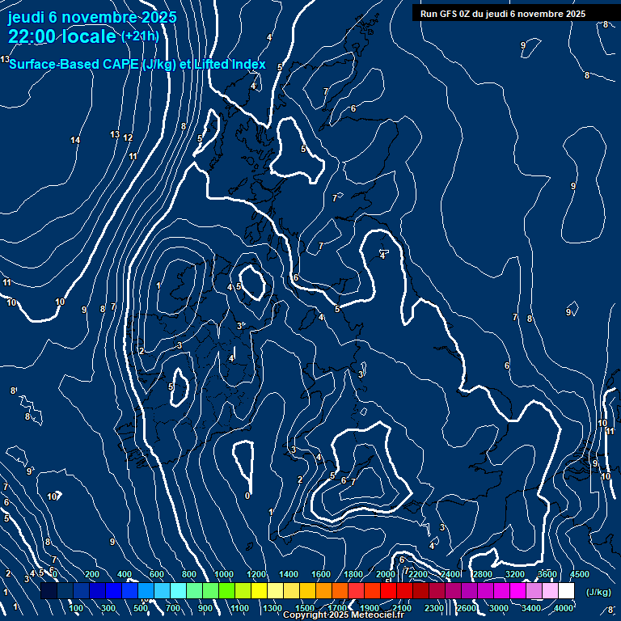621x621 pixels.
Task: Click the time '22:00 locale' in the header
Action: pos(62,36)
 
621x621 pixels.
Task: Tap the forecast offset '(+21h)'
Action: pos(140,36)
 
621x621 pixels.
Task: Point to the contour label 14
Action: pos(75,141)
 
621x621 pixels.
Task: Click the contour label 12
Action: pos(128,138)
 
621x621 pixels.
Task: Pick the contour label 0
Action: pos(247,496)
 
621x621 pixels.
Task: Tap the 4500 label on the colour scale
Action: pos(580,574)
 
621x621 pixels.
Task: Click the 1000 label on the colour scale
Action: pos(224,574)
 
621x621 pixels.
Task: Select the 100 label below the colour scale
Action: pos(76,608)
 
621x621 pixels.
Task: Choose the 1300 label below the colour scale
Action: pos(272,608)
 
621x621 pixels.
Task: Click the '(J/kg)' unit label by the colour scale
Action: pos(598,592)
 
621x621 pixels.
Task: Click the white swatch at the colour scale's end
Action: pos(566,591)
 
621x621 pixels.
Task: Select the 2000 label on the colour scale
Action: pos(386,574)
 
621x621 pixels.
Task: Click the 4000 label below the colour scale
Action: pos(564,608)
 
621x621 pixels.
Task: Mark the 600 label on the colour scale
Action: pos(157,574)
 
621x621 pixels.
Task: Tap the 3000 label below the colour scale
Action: pos(499,608)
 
